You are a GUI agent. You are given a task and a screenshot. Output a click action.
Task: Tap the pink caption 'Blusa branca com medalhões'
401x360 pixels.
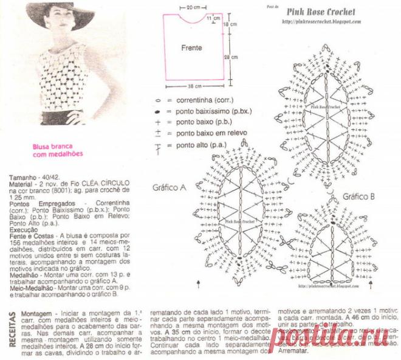pos(58,150)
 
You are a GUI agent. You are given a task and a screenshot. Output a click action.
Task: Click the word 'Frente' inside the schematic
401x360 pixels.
pos(191,47)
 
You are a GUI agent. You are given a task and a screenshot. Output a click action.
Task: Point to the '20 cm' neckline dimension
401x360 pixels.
pos(194,7)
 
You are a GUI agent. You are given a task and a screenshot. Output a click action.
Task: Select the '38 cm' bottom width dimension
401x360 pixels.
pos(194,86)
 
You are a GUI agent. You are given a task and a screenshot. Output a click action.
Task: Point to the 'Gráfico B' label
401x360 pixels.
pos(358,197)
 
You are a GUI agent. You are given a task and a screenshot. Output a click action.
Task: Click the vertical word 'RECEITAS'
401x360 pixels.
pos(12,329)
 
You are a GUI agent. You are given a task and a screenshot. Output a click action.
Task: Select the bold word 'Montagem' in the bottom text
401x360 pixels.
pos(38,312)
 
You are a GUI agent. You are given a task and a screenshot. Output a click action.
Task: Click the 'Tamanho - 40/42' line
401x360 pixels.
pos(33,177)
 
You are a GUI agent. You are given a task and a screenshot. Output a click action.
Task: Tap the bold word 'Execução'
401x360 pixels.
pos(23,230)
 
